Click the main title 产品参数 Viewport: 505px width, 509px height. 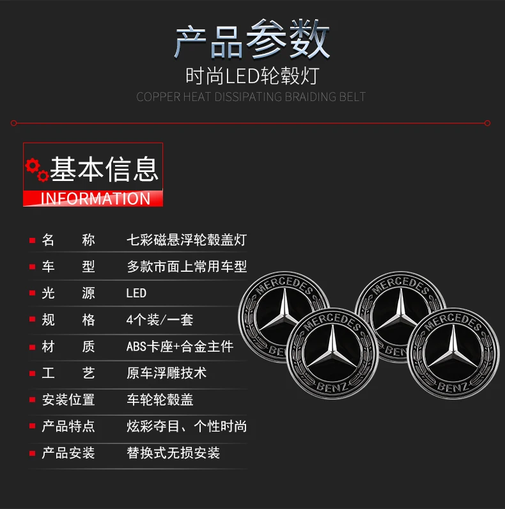pyautogui.click(x=252, y=40)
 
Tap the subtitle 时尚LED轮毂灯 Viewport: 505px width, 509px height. pyautogui.click(x=252, y=76)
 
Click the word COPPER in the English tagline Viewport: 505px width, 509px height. pyautogui.click(x=158, y=97)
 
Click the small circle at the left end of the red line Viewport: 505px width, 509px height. pyautogui.click(x=13, y=123)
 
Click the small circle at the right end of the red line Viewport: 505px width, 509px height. pyautogui.click(x=487, y=123)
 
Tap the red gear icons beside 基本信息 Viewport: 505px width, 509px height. pyautogui.click(x=37, y=170)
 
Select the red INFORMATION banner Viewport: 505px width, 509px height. pyautogui.click(x=93, y=198)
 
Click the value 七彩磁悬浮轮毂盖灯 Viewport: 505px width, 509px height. pyautogui.click(x=187, y=240)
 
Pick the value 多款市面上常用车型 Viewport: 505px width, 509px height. pyautogui.click(x=187, y=267)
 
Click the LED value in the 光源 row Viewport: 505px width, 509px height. pyautogui.click(x=136, y=293)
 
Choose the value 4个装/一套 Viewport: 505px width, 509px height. pyautogui.click(x=160, y=320)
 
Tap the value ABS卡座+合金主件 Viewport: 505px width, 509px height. pyautogui.click(x=180, y=347)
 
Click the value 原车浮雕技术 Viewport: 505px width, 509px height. pyautogui.click(x=166, y=373)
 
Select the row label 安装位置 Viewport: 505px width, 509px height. pyautogui.click(x=68, y=400)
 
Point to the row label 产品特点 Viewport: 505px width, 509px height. pyautogui.click(x=68, y=427)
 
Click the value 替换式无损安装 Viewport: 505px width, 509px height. pyautogui.click(x=173, y=453)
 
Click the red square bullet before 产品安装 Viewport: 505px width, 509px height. pyautogui.click(x=32, y=453)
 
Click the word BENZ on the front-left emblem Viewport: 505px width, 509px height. pyautogui.click(x=332, y=387)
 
